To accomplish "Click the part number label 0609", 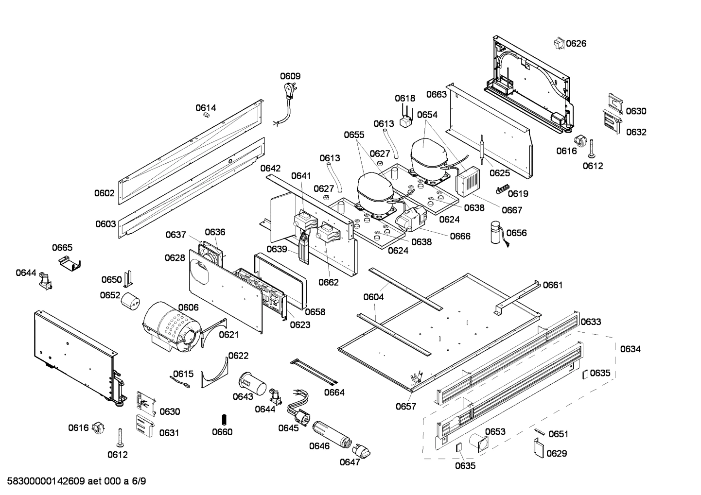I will click(x=290, y=76).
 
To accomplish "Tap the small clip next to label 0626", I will click(x=558, y=43).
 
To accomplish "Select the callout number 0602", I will click(x=105, y=193).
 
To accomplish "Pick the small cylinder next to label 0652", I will click(x=130, y=301).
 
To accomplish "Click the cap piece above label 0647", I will click(x=362, y=449).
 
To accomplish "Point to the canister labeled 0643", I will click(x=252, y=382).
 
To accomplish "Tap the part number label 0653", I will click(x=495, y=431).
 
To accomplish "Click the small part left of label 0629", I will click(x=537, y=447).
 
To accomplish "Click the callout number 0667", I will click(x=512, y=210).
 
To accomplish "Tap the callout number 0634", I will click(x=630, y=349).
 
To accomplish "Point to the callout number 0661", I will click(x=553, y=285).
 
